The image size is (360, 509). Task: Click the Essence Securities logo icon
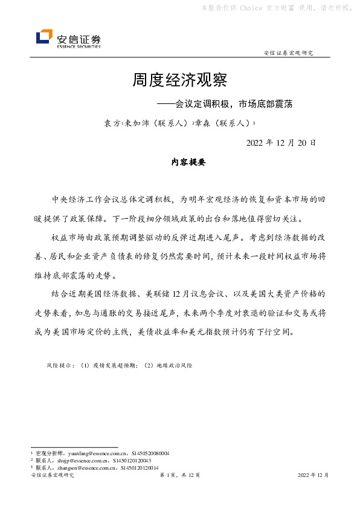44,37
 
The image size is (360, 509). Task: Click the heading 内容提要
181,163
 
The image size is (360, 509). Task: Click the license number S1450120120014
140,467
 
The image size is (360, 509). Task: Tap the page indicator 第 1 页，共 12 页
180,476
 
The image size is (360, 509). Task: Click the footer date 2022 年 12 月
313,476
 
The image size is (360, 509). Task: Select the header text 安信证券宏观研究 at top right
289,53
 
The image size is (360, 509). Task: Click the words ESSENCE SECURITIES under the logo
79,45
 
